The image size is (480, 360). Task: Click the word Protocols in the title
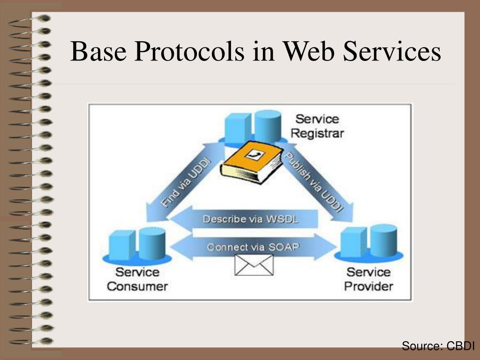click(190, 52)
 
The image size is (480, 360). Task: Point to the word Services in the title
click(392, 52)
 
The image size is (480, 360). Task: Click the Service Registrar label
click(317, 126)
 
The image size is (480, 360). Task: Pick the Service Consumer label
click(137, 279)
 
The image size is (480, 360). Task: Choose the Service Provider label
click(368, 279)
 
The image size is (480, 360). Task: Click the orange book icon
click(252, 162)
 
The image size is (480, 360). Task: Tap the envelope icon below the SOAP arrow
click(254, 265)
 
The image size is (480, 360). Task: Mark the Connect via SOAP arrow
click(253, 246)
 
